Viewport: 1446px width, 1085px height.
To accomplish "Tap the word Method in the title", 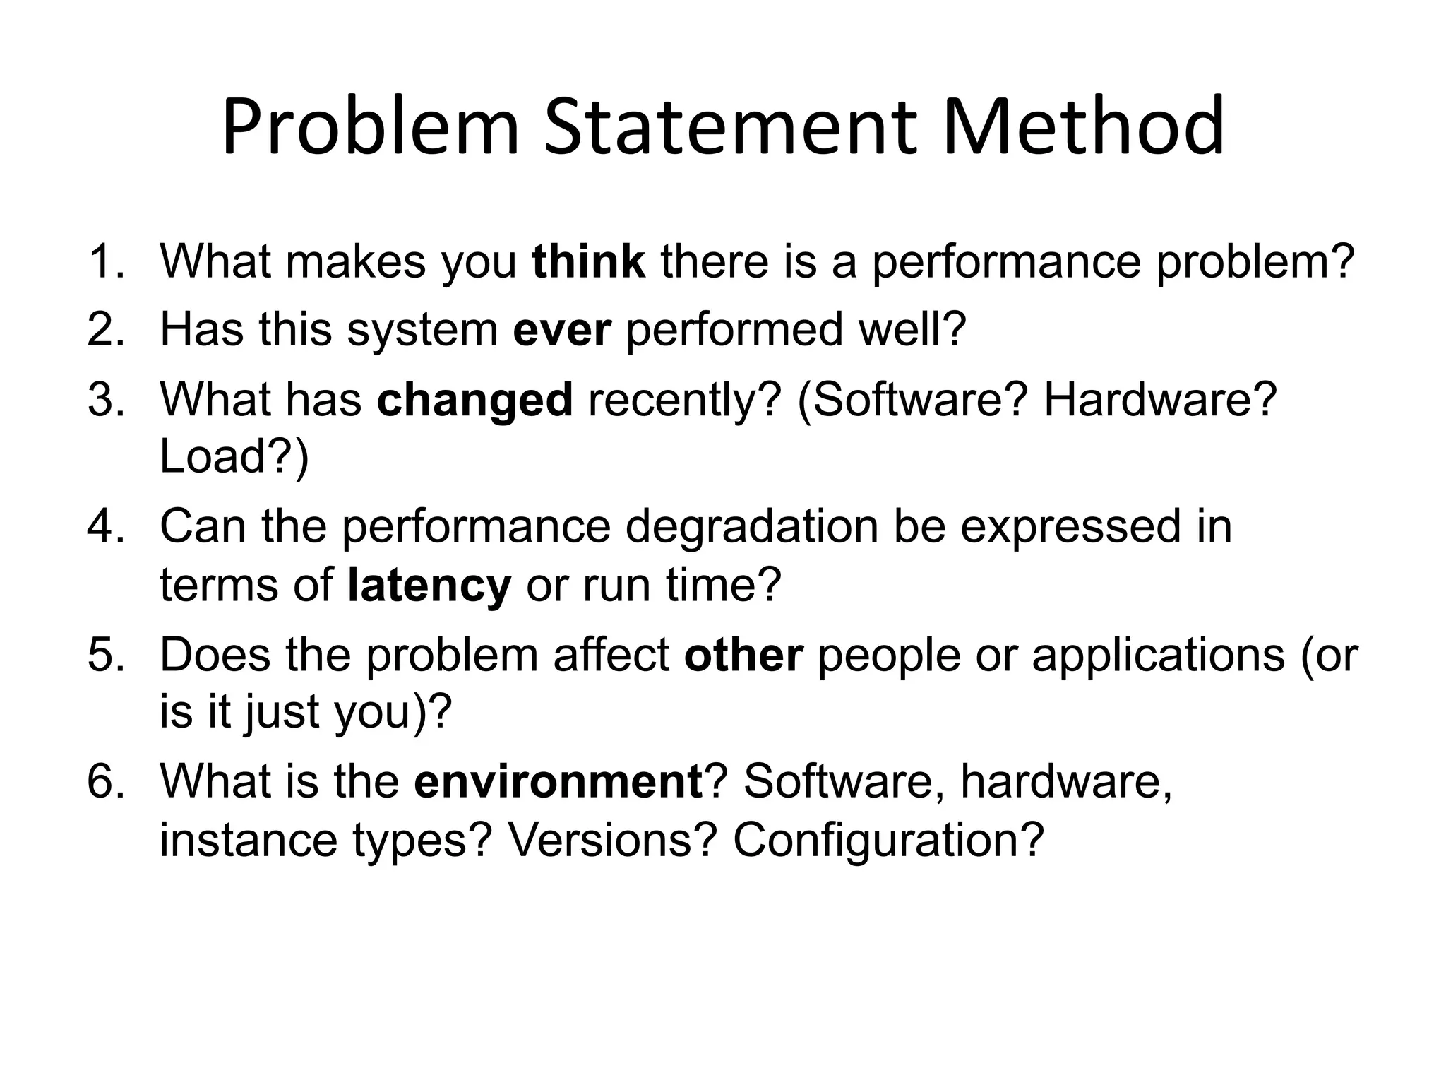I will tap(1083, 127).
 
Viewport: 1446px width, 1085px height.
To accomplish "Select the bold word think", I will tap(588, 261).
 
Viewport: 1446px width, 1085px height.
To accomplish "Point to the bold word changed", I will tap(474, 400).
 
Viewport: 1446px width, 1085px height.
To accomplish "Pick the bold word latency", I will tap(429, 586).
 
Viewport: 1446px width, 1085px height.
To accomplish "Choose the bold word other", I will tap(743, 655).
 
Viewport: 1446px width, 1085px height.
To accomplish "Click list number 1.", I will tap(105, 261).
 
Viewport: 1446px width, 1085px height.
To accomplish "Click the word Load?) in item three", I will tap(234, 457).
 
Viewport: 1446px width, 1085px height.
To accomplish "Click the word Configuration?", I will tap(888, 840).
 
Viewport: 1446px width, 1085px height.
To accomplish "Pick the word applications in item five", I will tap(1158, 656).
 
